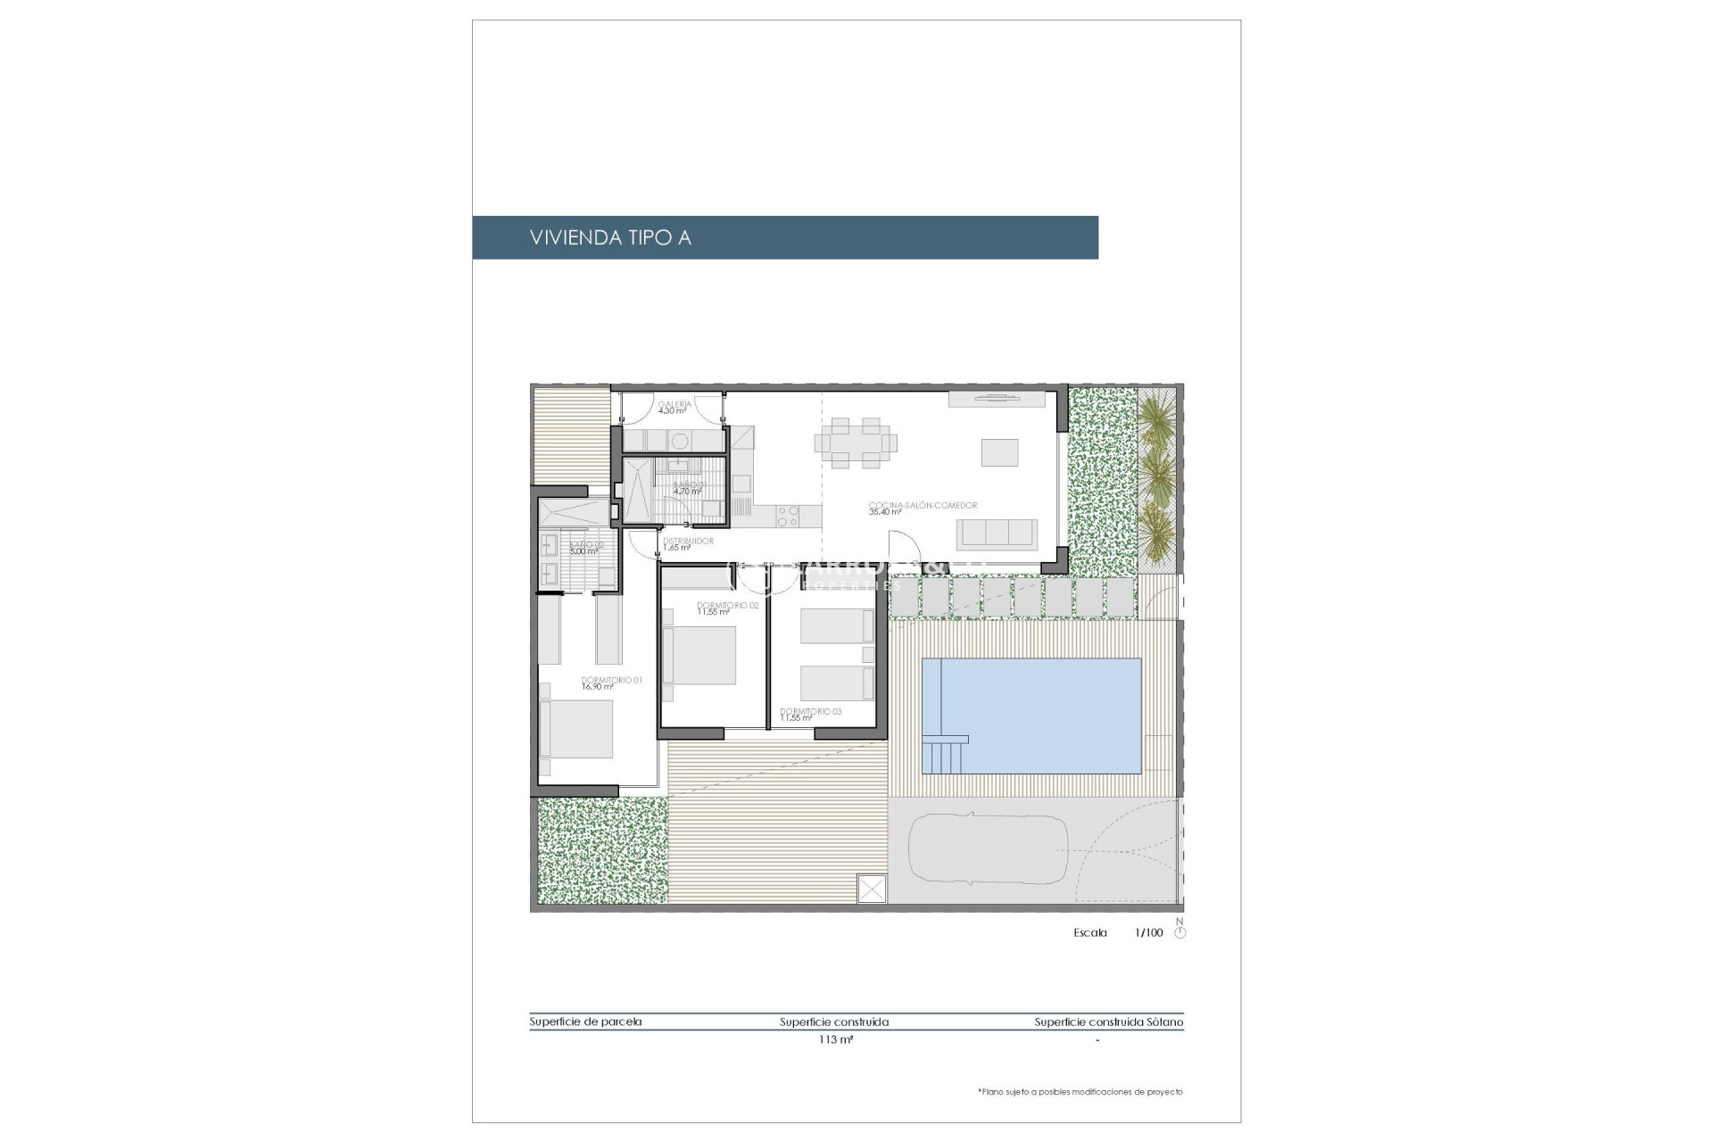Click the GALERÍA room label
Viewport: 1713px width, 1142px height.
pyautogui.click(x=674, y=404)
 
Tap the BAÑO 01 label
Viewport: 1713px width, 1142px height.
pyautogui.click(x=689, y=485)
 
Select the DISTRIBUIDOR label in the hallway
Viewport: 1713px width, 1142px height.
pyautogui.click(x=688, y=541)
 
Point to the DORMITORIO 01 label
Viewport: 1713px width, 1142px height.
pyautogui.click(x=611, y=680)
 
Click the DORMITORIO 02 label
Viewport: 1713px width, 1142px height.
pyautogui.click(x=727, y=605)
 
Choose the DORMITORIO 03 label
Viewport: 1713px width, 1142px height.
pyautogui.click(x=810, y=712)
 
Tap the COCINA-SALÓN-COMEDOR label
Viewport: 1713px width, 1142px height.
pyautogui.click(x=923, y=505)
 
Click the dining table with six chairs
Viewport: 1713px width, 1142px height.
pyautogui.click(x=855, y=443)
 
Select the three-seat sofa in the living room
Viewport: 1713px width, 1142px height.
pyautogui.click(x=997, y=534)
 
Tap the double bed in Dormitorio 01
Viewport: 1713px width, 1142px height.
pyautogui.click(x=576, y=729)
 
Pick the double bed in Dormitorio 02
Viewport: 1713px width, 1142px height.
pyautogui.click(x=699, y=656)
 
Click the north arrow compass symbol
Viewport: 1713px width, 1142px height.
pyautogui.click(x=1180, y=932)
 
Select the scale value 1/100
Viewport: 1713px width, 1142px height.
pyautogui.click(x=1148, y=932)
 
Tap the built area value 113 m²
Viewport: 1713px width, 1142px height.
pyautogui.click(x=835, y=1039)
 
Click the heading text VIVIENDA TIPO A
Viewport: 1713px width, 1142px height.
pyautogui.click(x=610, y=237)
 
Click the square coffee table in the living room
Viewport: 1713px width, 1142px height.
pyautogui.click(x=999, y=452)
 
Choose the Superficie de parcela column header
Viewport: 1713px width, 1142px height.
pyautogui.click(x=585, y=1022)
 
